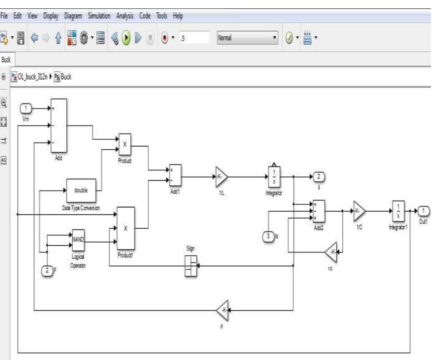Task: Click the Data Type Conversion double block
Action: (81, 190)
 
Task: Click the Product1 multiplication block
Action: (125, 228)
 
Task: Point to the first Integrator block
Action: (274, 176)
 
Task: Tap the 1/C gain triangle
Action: (359, 211)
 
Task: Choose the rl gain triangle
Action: (222, 310)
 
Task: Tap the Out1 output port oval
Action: (423, 211)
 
